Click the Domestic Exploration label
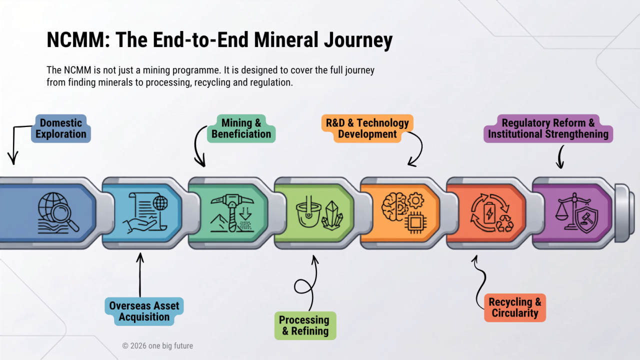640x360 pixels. tap(61, 128)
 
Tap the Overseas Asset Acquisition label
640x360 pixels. tap(144, 311)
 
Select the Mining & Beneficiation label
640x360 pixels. tap(241, 128)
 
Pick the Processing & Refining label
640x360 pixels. tap(305, 325)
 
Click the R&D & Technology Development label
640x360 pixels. tap(367, 128)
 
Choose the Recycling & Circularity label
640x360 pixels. tap(515, 307)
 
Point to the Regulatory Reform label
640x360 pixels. tap(548, 128)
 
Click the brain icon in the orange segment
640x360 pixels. tap(394, 206)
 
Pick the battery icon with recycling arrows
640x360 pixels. tap(489, 213)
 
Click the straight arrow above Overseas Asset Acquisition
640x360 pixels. tap(140, 275)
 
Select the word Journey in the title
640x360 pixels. tap(358, 40)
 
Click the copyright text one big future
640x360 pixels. tap(157, 345)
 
